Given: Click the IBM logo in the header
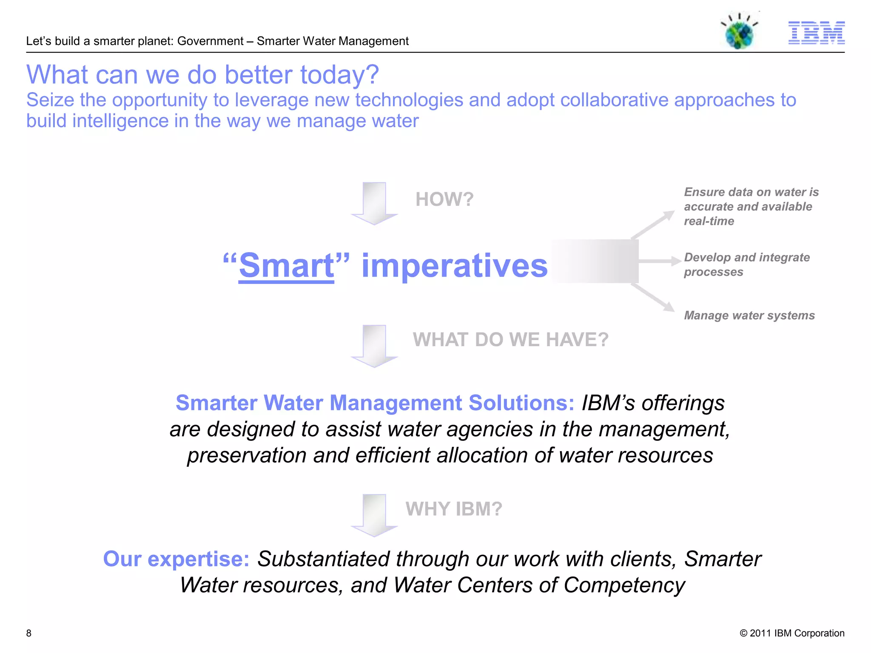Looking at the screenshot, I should point(816,33).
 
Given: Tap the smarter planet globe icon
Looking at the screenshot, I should point(740,32).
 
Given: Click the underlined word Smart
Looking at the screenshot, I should point(287,266).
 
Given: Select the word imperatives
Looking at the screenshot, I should point(454,266).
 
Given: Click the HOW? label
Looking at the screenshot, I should point(444,199).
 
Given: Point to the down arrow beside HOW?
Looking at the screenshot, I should point(374,204).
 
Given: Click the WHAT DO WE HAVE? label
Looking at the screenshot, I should point(510,340).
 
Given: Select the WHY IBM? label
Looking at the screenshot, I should point(454,509).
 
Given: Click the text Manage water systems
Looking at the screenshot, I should point(749,315).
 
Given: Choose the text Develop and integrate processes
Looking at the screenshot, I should point(746,264).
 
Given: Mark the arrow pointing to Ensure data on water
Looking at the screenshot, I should point(653,224).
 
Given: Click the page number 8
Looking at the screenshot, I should point(29,633).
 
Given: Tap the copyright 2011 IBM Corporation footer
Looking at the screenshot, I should point(792,633).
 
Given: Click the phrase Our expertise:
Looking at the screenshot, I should point(176,559).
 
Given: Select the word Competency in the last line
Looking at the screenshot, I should point(624,585).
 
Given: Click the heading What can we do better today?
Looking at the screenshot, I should point(202,75).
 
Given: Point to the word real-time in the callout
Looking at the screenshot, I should point(709,221).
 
